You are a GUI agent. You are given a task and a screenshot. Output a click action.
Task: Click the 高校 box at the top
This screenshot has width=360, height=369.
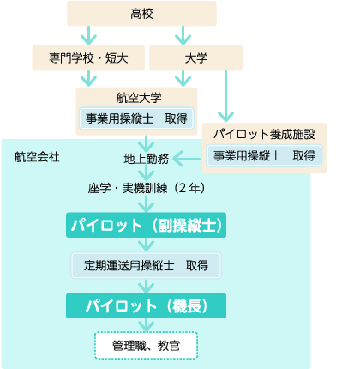141,14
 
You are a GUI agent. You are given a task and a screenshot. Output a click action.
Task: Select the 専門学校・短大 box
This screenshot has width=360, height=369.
88,57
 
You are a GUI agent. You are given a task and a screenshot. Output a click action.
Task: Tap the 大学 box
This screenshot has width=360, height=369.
196,57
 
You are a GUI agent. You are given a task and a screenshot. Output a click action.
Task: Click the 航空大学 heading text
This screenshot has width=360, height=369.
139,98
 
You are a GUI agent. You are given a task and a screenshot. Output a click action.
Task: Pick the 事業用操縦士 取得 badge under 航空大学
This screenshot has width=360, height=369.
136,118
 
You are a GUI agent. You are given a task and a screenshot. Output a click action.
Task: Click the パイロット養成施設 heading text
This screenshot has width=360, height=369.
264,134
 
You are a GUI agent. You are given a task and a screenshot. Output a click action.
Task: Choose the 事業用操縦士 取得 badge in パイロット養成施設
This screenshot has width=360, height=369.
265,156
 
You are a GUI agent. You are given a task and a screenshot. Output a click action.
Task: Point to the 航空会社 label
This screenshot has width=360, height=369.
37,157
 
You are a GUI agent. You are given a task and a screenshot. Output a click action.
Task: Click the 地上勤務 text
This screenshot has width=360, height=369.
147,159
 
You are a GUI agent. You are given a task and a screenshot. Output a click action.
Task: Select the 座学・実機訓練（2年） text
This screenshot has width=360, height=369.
147,188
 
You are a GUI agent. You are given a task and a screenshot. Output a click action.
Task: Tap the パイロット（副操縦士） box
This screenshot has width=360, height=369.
146,225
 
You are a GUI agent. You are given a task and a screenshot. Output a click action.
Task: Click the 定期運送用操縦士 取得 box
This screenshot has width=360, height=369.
146,265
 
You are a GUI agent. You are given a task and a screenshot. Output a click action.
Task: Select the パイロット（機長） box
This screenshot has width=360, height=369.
146,305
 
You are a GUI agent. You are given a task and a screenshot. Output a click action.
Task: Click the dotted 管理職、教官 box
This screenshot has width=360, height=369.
146,346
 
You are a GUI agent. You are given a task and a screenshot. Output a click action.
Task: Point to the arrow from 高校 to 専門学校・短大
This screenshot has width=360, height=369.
88,35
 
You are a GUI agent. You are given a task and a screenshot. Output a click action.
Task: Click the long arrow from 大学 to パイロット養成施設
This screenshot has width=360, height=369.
225,96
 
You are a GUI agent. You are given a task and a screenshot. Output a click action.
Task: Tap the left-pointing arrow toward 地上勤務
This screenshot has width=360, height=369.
188,159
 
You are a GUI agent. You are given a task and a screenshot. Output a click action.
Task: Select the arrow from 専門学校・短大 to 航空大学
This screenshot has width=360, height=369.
88,78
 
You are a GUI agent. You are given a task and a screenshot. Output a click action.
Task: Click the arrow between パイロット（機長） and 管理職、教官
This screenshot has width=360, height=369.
147,325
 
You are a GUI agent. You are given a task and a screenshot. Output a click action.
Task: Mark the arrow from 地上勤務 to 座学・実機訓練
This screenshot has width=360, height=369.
147,172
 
